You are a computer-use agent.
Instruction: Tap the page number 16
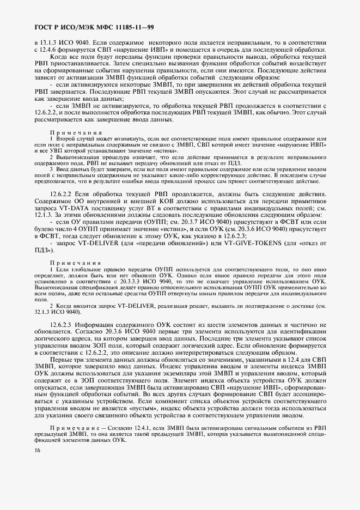37,450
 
